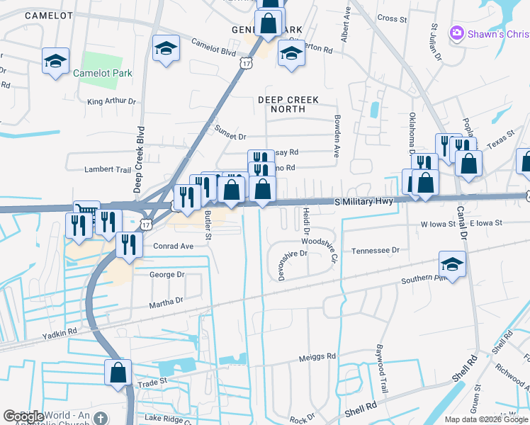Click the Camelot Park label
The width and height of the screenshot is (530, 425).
click(x=102, y=72)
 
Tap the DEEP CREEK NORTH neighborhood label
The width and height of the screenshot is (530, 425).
click(x=288, y=105)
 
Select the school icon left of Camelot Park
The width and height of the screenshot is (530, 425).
click(x=55, y=61)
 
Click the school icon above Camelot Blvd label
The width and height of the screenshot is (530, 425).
click(x=166, y=48)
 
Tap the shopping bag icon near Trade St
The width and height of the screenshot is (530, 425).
click(x=118, y=371)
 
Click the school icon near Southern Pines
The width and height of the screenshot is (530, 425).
click(x=451, y=264)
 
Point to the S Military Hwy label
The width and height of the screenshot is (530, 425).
click(x=363, y=202)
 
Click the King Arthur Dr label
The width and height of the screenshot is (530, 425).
click(x=111, y=101)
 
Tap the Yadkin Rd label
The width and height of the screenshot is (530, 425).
click(x=59, y=333)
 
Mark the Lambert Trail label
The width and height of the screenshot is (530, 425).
click(x=108, y=170)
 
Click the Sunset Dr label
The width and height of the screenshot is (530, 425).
click(x=230, y=137)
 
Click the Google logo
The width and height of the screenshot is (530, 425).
click(x=24, y=416)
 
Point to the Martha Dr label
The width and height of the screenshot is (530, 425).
click(x=166, y=300)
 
